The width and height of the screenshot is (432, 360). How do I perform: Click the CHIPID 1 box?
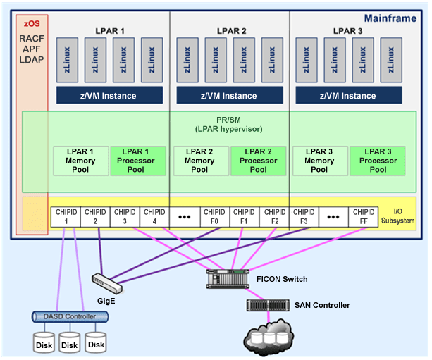pos(66,216)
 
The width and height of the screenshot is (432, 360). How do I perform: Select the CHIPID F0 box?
pos(214,216)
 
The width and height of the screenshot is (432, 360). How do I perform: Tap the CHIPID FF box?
pos(364,216)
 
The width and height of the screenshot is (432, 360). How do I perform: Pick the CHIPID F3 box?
pos(304,216)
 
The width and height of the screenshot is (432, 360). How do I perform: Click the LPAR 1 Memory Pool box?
pos(80,160)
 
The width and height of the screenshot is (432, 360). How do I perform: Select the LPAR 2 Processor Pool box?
pos(258,160)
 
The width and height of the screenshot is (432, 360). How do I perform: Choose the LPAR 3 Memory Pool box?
pos(319,160)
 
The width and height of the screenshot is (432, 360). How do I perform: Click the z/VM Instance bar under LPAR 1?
pos(109,95)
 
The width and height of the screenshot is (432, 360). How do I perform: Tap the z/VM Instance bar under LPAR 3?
pos(348,95)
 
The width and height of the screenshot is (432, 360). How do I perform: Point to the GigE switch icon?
pos(108,282)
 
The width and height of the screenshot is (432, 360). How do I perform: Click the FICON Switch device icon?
pos(228,279)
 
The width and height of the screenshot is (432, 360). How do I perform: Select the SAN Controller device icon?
pos(268,305)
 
